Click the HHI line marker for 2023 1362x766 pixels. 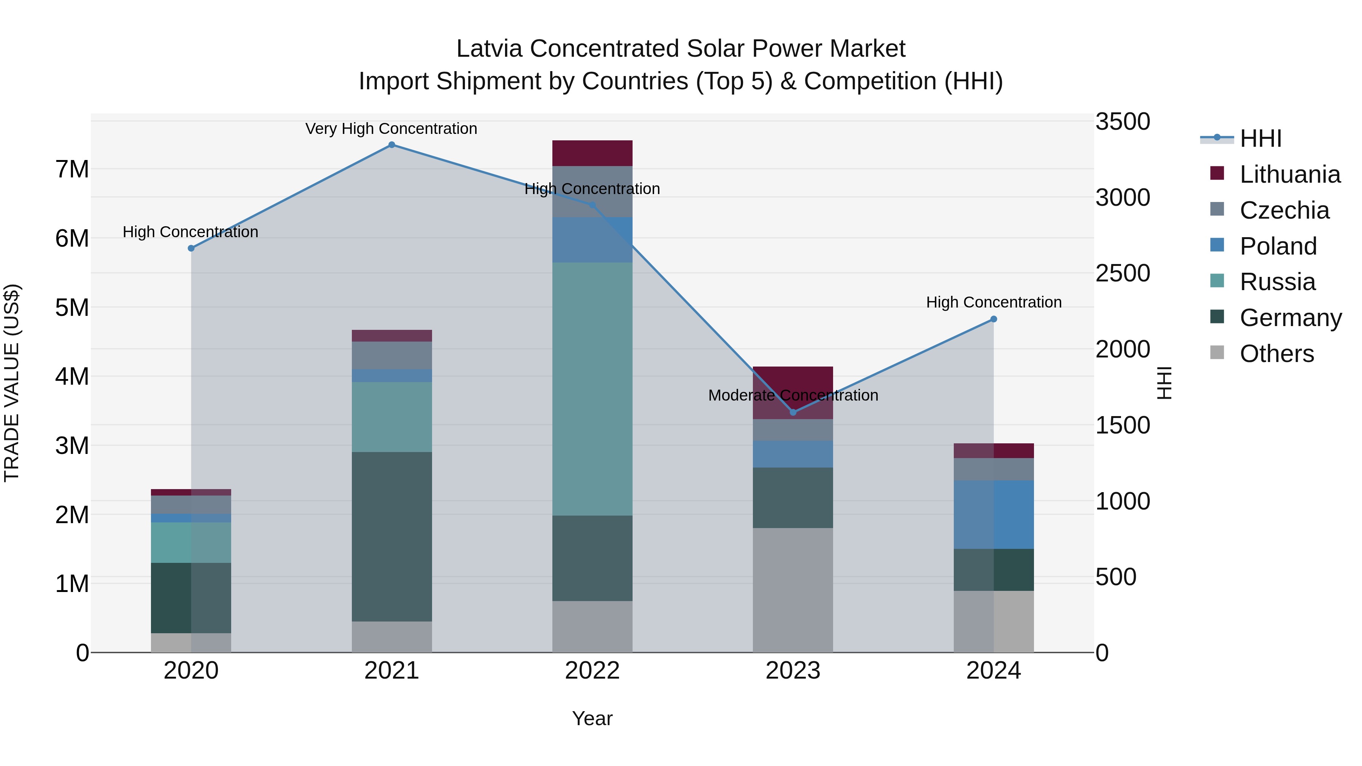[793, 412]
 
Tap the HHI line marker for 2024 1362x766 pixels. [994, 319]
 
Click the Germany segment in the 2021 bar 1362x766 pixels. [392, 536]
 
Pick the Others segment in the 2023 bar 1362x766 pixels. [793, 590]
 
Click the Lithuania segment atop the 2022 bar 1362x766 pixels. [592, 153]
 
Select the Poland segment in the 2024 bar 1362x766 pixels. [994, 514]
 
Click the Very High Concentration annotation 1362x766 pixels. [391, 129]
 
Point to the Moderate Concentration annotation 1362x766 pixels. [793, 395]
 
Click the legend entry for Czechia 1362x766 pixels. [1284, 210]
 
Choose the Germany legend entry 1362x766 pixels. [1290, 318]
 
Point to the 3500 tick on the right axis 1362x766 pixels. [1122, 121]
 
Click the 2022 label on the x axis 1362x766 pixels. [592, 671]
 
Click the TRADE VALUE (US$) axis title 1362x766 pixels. [12, 383]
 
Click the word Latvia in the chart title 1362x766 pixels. [490, 49]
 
